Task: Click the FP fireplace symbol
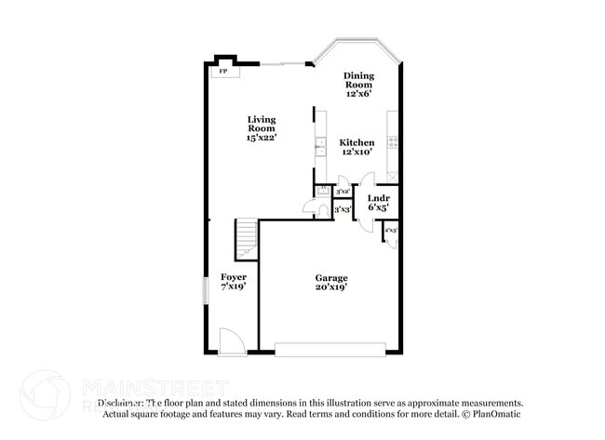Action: pos(222,71)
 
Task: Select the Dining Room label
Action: pos(358,81)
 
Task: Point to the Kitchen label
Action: pos(356,142)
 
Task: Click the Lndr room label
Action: pos(378,199)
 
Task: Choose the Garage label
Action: pos(331,278)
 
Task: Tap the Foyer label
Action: pos(234,277)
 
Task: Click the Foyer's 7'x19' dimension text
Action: pos(234,287)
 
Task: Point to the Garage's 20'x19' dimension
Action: pos(331,288)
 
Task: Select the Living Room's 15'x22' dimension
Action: pos(262,138)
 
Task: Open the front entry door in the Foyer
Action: pos(230,342)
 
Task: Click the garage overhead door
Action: pos(330,349)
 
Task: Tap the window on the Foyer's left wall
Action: pos(207,289)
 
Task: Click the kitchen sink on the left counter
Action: pos(319,146)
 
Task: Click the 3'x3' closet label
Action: pos(342,210)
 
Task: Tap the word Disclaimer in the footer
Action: pos(121,403)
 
